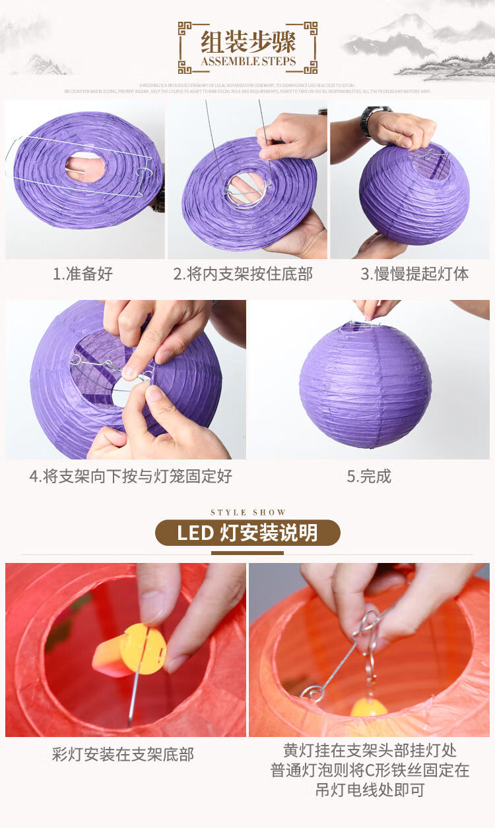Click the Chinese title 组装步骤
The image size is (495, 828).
point(247,41)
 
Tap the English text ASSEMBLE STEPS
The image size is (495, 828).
point(247,62)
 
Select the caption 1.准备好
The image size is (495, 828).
point(83,274)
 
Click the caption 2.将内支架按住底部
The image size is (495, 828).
point(243,274)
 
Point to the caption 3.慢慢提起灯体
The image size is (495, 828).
point(414,274)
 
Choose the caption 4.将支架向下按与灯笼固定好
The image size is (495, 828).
point(131,476)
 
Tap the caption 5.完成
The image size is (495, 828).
point(370,476)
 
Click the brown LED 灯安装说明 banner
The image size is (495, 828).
point(247,533)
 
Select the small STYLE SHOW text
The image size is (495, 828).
point(248,512)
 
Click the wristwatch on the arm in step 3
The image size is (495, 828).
point(374,119)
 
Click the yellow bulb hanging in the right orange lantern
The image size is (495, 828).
point(369,707)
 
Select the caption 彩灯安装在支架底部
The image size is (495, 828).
point(123,754)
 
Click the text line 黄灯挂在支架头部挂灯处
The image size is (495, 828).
point(370,750)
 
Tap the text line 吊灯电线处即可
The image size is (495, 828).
point(370,790)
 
